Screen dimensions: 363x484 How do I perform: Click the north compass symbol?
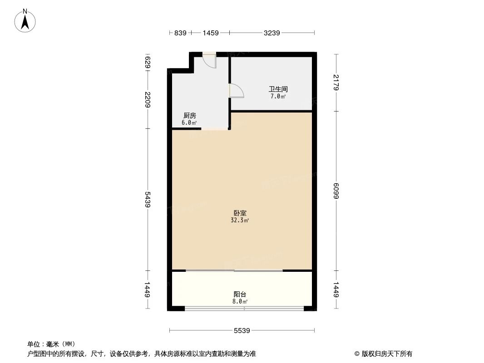tap(25, 21)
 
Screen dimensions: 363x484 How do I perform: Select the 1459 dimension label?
tap(211, 33)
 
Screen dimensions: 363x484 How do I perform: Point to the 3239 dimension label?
tap(272, 33)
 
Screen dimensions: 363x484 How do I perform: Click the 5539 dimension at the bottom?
tap(242, 331)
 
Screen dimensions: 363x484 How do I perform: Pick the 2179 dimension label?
tap(336, 82)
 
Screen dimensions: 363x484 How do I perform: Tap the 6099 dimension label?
tap(336, 190)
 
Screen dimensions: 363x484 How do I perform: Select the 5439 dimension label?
tap(148, 199)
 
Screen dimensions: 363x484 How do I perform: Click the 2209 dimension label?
tap(148, 99)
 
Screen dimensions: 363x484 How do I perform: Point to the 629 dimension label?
tap(148, 61)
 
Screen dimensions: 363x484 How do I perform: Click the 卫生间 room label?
tap(278, 89)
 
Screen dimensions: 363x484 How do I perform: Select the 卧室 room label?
tap(240, 213)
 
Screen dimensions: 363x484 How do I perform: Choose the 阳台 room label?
tap(240, 294)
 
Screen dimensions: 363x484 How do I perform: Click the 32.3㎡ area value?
tap(240, 221)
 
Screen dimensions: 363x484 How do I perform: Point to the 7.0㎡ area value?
tap(278, 97)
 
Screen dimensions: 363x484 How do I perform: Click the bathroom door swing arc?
tap(237, 91)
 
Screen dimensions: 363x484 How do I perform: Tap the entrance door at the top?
tap(210, 61)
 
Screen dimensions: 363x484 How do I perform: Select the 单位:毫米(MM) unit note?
tap(51, 344)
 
